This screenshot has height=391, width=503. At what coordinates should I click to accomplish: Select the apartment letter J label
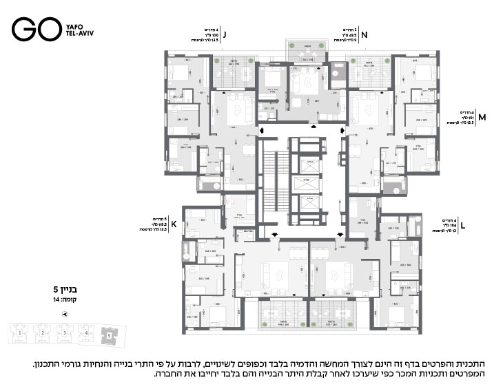pyautogui.click(x=224, y=33)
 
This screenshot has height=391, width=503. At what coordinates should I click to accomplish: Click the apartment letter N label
pyautogui.click(x=365, y=33)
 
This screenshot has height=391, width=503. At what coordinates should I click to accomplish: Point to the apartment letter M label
pyautogui.click(x=482, y=117)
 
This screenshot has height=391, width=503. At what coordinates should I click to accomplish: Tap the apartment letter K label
pyautogui.click(x=174, y=224)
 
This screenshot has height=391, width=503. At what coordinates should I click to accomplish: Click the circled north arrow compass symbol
pyautogui.click(x=65, y=314)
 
